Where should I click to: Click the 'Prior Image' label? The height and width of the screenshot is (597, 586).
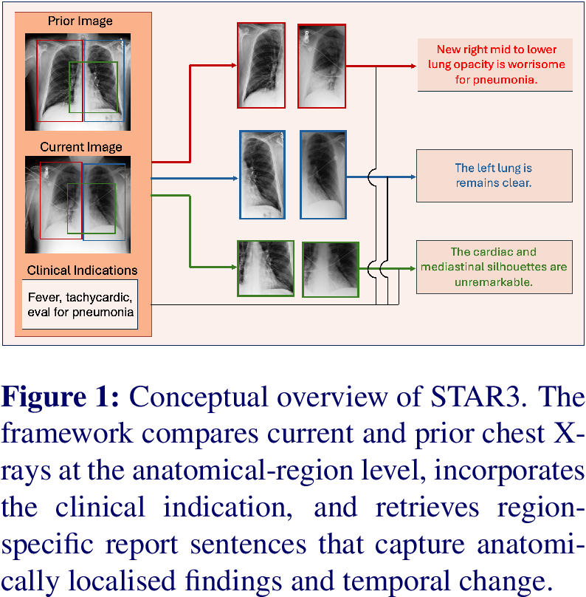pyautogui.click(x=80, y=21)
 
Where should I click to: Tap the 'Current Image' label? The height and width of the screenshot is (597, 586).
pyautogui.click(x=81, y=147)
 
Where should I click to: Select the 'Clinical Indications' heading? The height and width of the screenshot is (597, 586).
pyautogui.click(x=82, y=270)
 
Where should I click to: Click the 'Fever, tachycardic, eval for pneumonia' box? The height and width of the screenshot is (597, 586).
pyautogui.click(x=80, y=304)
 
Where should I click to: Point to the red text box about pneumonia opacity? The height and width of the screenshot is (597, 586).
pyautogui.click(x=494, y=65)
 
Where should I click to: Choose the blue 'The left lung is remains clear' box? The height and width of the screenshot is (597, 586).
pyautogui.click(x=494, y=176)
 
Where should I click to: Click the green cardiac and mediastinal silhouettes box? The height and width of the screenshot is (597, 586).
pyautogui.click(x=494, y=267)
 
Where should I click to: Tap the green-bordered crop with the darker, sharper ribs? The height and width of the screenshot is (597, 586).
pyautogui.click(x=266, y=268)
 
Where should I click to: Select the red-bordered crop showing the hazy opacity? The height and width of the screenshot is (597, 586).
pyautogui.click(x=322, y=66)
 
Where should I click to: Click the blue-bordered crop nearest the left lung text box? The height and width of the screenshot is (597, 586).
pyautogui.click(x=323, y=175)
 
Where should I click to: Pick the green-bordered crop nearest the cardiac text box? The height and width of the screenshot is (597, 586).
pyautogui.click(x=331, y=270)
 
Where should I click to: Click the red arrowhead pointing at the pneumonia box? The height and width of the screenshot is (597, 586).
pyautogui.click(x=413, y=66)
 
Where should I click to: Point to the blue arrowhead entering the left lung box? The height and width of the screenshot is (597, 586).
pyautogui.click(x=413, y=177)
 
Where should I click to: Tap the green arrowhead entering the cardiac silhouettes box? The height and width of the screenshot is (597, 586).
pyautogui.click(x=413, y=269)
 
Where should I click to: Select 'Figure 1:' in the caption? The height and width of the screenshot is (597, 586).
pyautogui.click(x=60, y=397)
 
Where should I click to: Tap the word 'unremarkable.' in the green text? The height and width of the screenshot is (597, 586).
pyautogui.click(x=493, y=282)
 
